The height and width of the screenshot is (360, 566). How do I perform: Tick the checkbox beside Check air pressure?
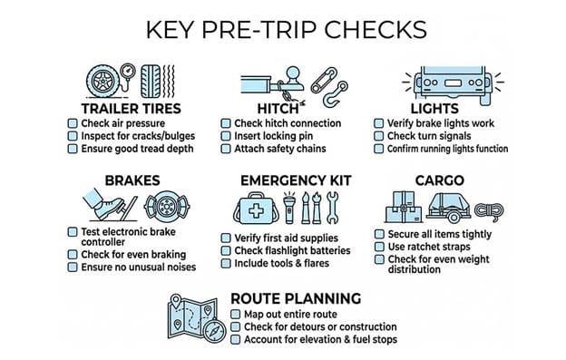click(73, 123)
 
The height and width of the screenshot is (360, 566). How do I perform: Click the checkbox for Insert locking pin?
click(226, 136)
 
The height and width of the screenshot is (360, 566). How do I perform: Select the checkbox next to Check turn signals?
click(378, 136)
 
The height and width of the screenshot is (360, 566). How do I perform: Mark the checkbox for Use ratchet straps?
click(379, 247)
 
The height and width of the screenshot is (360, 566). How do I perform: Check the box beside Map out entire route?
click(235, 314)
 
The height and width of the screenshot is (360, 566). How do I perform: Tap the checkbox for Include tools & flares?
click(226, 263)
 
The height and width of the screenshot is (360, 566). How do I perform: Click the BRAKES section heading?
click(132, 180)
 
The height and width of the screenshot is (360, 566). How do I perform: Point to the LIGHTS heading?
click(434, 109)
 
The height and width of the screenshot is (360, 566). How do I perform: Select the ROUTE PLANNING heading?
click(296, 298)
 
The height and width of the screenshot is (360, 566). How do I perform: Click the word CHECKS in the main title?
click(376, 30)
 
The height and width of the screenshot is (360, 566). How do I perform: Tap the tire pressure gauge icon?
click(127, 74)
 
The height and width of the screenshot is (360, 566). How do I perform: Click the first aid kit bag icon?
click(257, 209)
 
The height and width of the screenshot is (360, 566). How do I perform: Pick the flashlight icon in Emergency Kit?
click(289, 209)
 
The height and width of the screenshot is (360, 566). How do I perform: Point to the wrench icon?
click(333, 208)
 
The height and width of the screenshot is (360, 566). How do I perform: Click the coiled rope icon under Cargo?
click(489, 210)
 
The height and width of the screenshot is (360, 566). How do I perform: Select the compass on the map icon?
click(214, 330)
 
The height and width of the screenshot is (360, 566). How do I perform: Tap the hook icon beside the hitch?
click(335, 94)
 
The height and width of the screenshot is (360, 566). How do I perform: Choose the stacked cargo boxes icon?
click(404, 207)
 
